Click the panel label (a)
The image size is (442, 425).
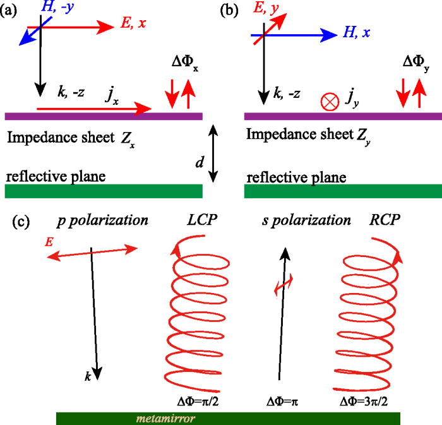click(11, 10)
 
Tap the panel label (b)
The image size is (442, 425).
click(229, 10)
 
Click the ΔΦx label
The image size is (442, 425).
click(180, 64)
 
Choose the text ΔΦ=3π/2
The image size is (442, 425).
click(369, 400)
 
